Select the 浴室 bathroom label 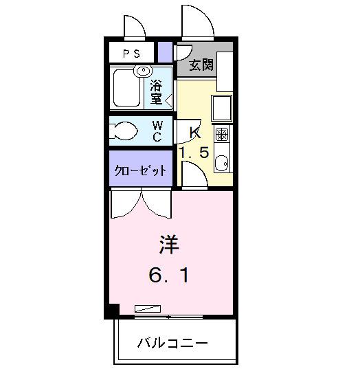[157, 93]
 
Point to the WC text [157, 131]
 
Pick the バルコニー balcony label [172, 342]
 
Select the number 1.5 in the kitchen [194, 152]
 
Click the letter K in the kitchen [194, 132]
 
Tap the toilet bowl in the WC [126, 131]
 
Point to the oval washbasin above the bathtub [144, 71]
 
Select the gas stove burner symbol [222, 133]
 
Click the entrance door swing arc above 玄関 [198, 23]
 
